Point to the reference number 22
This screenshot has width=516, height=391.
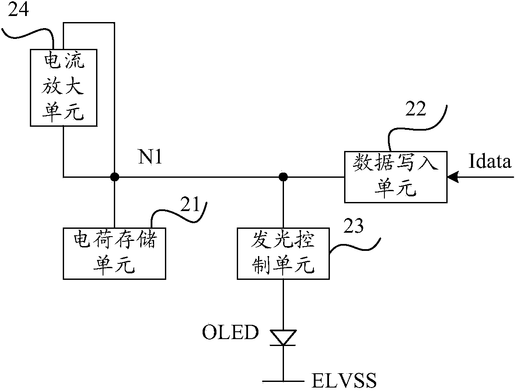coord(416,109)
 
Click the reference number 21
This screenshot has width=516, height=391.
coord(191,205)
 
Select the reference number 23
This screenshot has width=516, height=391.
coord(353,226)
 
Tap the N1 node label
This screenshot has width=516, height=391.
coord(150,157)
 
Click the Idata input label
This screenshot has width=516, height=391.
coord(490,161)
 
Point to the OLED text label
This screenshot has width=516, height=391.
coord(230,332)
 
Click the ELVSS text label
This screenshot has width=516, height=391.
coord(344,381)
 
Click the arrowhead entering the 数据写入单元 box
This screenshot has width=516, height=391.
coord(453,177)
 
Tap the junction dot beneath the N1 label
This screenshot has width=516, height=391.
coord(114,177)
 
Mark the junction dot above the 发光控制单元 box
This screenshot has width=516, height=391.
coord(283,177)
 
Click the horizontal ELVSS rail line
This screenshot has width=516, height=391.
coord(283,381)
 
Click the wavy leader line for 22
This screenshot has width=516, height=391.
coord(418,127)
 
